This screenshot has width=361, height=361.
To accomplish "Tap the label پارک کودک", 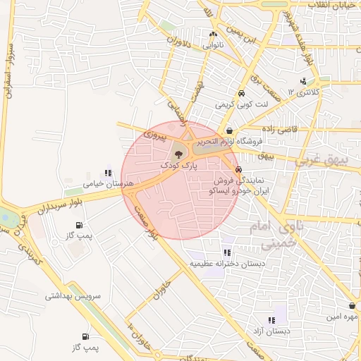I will [x=177, y=164].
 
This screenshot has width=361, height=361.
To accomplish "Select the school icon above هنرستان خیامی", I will [x=108, y=172].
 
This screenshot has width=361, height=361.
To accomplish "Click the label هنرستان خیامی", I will [x=104, y=184].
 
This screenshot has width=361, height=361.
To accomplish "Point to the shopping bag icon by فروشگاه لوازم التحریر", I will [x=231, y=130].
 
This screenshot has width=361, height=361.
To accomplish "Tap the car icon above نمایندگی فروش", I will [x=238, y=169].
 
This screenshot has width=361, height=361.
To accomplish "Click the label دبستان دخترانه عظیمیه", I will [x=227, y=264].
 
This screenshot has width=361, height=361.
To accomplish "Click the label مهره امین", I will [x=341, y=317].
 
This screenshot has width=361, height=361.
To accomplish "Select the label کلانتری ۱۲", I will [x=307, y=92].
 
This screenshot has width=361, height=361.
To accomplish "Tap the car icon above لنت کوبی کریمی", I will [x=242, y=93].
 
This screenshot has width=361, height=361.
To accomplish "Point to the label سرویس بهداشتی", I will [x=73, y=297].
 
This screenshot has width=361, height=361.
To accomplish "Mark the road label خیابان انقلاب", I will [x=328, y=4].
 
